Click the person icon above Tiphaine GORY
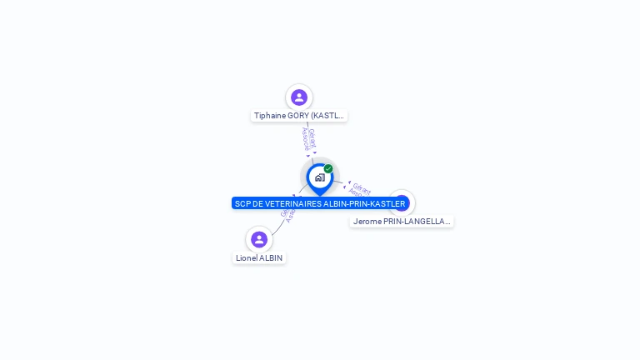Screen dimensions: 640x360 (299, 97)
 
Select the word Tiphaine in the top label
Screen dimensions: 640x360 (269, 116)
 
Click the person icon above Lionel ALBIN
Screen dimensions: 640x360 (259, 239)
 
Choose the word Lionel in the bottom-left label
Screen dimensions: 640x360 (247, 258)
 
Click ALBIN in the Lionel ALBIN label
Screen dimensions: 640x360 (272, 258)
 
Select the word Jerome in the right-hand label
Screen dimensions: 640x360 (367, 222)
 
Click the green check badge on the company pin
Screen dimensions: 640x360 (328, 168)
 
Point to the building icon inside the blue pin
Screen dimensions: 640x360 (319, 177)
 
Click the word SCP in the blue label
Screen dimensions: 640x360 (242, 203)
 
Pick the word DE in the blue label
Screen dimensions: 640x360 (258, 203)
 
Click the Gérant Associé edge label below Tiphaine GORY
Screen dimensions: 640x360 (308, 138)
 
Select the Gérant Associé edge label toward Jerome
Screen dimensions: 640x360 (360, 189)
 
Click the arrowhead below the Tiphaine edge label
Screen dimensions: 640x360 (314, 153)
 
